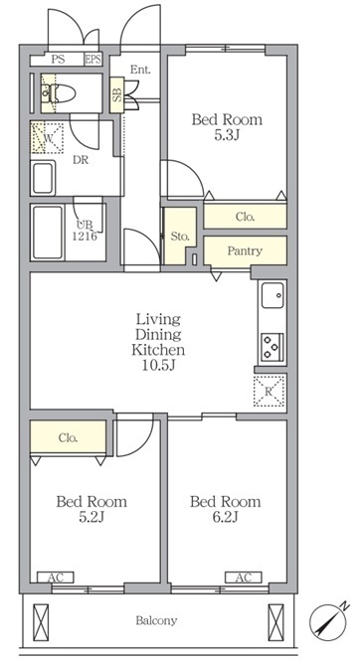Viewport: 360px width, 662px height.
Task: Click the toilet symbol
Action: coord(60,92)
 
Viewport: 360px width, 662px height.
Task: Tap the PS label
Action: coord(58,60)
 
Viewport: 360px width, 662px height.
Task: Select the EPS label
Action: coord(92,60)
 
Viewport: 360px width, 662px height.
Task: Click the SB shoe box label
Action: coord(116,95)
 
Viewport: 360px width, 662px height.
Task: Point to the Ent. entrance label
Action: coord(140,71)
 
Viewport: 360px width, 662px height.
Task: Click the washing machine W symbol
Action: coord(48,138)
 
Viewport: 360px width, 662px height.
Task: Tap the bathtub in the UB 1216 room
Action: coord(48,233)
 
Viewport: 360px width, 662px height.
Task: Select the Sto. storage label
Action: coord(180,237)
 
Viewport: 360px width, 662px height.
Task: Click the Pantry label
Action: coord(245,250)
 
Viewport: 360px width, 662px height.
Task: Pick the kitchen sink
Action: coord(272,295)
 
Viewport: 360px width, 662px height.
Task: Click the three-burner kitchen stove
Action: coord(272,347)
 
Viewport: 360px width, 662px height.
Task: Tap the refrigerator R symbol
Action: coord(269,391)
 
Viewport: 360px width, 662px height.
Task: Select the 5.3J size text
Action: coord(227,135)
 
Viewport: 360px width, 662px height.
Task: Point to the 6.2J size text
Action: coord(225,517)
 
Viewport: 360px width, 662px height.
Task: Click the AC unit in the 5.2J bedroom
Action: coord(56,578)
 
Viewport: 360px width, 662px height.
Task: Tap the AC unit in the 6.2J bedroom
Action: coord(244,578)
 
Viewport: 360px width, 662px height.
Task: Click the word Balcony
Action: coord(156,620)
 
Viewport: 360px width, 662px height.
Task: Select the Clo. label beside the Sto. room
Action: coord(245,218)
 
